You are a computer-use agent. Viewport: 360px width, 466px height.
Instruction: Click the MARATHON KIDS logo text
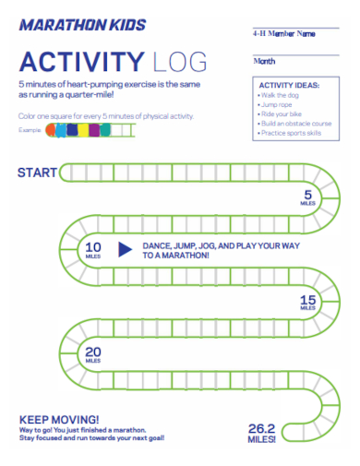tap(82, 25)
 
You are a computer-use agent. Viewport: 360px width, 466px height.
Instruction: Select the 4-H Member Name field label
tap(284, 34)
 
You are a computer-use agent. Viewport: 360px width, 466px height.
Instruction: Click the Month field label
tap(264, 61)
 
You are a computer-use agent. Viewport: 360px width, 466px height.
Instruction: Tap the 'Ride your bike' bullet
tap(282, 114)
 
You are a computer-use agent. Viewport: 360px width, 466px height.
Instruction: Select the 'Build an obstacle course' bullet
tap(294, 124)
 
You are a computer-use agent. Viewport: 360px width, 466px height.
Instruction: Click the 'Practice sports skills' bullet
tap(292, 133)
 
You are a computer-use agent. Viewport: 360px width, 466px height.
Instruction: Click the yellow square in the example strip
tap(82, 131)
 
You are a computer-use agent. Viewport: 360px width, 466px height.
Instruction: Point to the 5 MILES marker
tap(307, 197)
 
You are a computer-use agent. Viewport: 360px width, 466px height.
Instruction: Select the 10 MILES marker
tap(93, 250)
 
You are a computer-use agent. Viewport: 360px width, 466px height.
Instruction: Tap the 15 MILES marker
tap(307, 303)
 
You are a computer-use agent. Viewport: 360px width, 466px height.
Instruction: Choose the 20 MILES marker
tap(93, 354)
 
